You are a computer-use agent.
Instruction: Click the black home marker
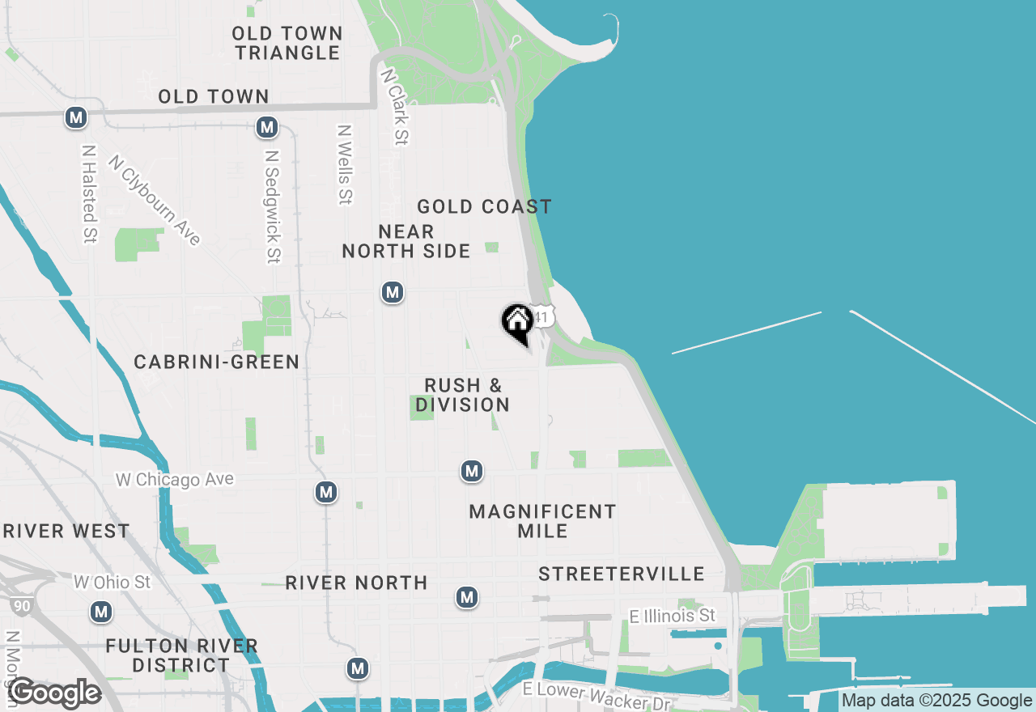coord(517,323)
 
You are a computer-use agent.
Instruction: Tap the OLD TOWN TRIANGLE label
coord(287,44)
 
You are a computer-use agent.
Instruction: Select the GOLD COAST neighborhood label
coord(484,207)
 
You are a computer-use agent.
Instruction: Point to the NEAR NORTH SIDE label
coord(405,241)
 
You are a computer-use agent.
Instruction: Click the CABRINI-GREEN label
coord(217,362)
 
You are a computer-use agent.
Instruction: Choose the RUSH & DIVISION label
coord(463,395)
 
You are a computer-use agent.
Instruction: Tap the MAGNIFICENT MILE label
coord(542,521)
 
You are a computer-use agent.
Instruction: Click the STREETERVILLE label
coord(622,574)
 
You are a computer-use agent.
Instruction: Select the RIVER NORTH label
coord(356,583)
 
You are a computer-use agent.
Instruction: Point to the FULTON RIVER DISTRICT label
coord(181,655)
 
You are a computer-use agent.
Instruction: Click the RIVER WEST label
coord(66,532)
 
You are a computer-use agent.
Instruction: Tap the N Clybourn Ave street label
coord(155,200)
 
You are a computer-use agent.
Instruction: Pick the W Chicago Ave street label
coord(174,479)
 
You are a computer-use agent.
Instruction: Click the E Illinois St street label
coord(673,617)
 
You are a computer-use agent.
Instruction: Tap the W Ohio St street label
coord(112,582)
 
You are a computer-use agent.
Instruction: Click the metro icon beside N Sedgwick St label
coord(267,127)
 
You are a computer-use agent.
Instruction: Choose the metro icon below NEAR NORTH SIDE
coord(393,292)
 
